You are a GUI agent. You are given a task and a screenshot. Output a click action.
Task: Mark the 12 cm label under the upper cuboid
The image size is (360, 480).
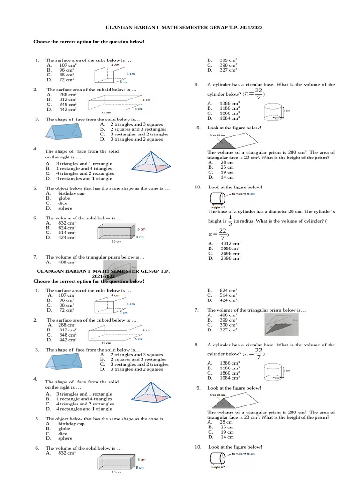106,113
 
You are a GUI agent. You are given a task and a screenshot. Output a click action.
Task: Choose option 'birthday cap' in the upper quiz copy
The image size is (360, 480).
71,193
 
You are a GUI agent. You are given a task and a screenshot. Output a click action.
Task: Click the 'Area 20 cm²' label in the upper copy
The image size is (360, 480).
217,135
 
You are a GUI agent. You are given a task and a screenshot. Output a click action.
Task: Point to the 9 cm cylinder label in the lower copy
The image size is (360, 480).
286,371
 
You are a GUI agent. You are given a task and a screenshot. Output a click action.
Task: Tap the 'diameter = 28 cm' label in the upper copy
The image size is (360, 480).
242,193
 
